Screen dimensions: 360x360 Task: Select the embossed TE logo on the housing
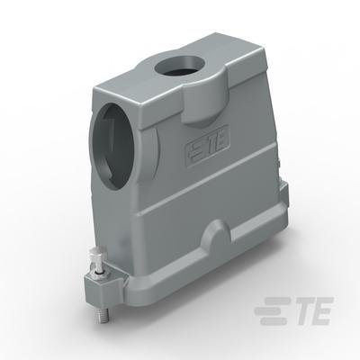[x=207, y=147]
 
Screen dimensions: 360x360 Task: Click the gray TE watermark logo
[x=293, y=310]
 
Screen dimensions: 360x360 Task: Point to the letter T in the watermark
[x=300, y=310]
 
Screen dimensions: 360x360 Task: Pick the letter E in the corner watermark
[x=321, y=310]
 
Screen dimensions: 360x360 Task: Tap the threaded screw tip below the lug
[x=103, y=313]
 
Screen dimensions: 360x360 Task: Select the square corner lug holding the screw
[x=102, y=285]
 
